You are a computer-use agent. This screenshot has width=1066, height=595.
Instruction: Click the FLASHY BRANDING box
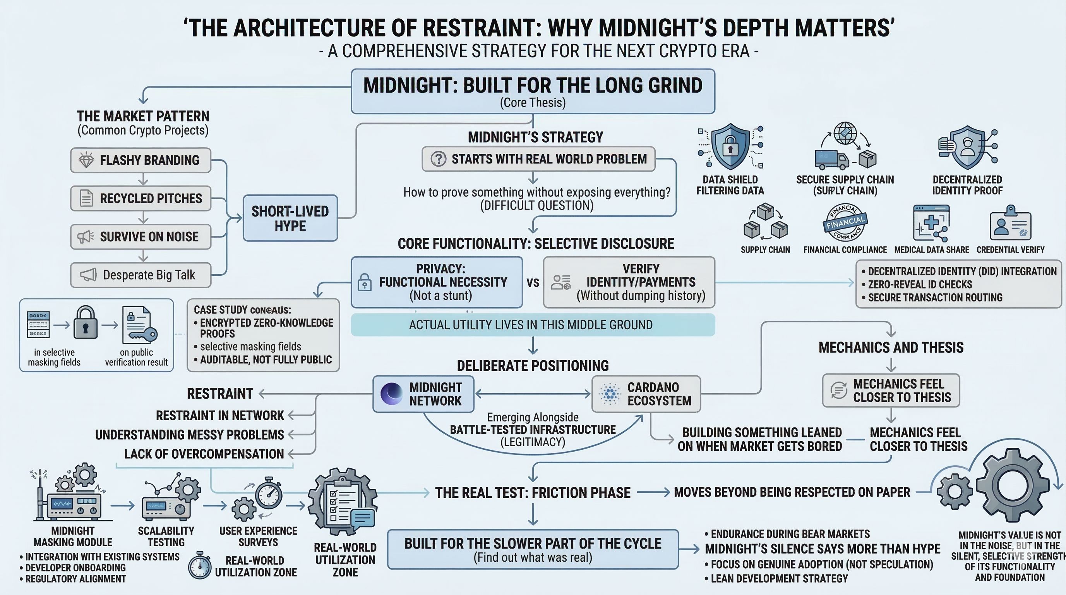click(x=141, y=160)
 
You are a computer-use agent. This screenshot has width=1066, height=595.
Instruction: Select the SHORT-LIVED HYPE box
click(x=290, y=218)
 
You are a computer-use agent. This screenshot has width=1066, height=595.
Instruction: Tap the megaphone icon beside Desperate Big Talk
click(x=88, y=275)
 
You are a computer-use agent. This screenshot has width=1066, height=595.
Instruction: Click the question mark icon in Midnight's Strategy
click(x=438, y=159)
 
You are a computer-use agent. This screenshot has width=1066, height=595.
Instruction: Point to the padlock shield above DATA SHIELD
click(x=730, y=146)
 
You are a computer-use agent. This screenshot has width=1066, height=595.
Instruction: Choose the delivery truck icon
click(x=831, y=160)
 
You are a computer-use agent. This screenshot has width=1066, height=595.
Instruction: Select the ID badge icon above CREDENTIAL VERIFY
click(x=1010, y=224)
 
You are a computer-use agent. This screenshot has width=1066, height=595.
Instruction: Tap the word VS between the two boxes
click(x=533, y=283)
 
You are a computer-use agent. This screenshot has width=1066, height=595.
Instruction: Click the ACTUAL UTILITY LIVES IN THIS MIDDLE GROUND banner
click(x=533, y=325)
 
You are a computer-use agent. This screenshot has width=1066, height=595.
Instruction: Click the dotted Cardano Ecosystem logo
click(x=610, y=394)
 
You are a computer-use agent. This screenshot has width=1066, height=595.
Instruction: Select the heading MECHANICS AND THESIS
click(x=891, y=347)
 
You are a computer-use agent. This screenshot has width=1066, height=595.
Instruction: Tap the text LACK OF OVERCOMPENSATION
click(x=204, y=454)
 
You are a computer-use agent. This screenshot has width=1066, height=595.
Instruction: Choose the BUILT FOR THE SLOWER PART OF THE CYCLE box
click(x=533, y=549)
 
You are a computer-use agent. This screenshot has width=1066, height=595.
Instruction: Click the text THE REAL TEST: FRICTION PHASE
click(x=533, y=493)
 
